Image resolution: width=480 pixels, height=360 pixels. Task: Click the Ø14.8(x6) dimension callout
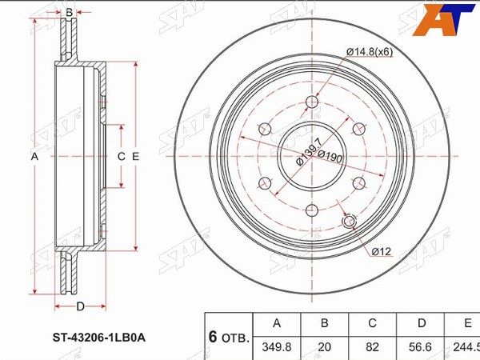370,52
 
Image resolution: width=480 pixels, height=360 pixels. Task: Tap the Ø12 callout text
382,251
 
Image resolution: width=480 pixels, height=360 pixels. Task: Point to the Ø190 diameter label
330,156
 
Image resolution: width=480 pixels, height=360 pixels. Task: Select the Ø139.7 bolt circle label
309,152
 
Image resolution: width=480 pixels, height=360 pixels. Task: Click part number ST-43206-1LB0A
99,338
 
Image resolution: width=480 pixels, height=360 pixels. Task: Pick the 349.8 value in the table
277,347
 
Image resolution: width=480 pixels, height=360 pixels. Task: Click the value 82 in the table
372,347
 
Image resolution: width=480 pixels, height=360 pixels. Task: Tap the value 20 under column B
325,347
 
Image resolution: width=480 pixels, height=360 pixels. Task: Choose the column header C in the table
372,323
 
